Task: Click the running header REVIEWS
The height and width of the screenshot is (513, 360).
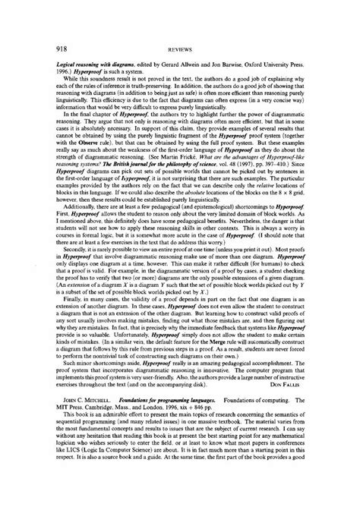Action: pos(180,30)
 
